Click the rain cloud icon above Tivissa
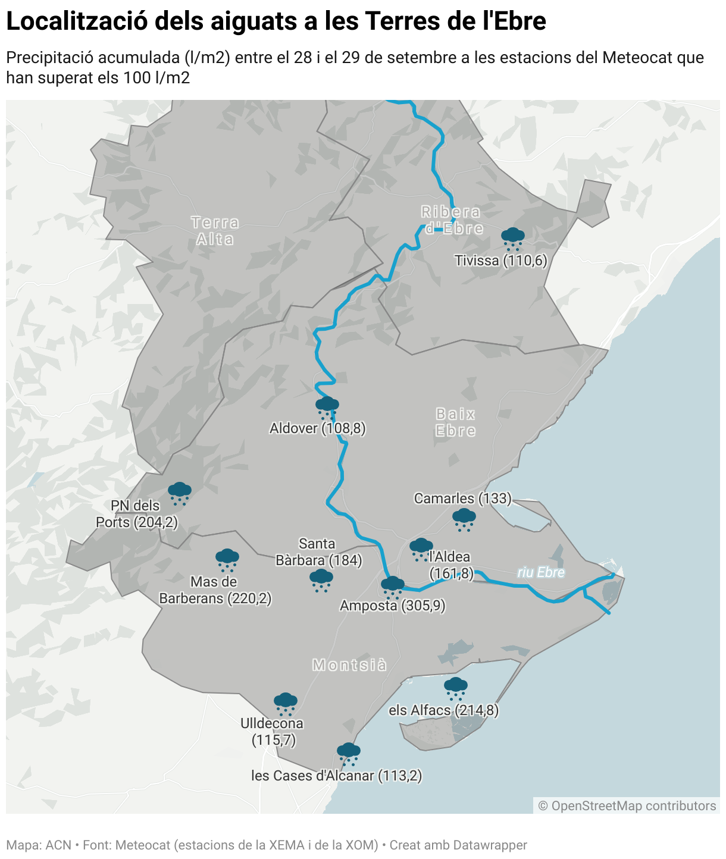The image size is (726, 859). pos(512,237)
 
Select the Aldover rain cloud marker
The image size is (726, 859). pos(327,407)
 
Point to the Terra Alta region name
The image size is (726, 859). pos(215,231)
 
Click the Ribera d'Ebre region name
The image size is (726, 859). pos(452,220)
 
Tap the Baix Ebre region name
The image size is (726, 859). pos(456,422)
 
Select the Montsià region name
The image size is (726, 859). pos(349,665)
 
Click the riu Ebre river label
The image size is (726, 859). pos(541,572)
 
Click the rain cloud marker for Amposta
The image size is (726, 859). pos(392,586)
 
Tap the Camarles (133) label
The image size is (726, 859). pos(462,499)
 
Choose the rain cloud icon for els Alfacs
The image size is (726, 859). pos(456,687)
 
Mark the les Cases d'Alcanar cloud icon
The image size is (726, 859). pos(348,753)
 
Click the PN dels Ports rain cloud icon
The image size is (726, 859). pos(179,493)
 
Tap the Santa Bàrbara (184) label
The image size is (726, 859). pos(318,552)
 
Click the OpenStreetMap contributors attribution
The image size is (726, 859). pos(627,805)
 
